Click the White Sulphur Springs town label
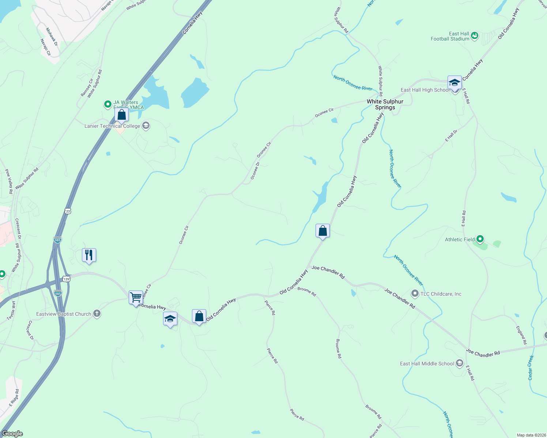(385, 104)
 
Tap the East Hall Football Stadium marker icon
(475, 36)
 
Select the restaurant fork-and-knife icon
(89, 255)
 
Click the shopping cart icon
(136, 297)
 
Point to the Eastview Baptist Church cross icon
(97, 314)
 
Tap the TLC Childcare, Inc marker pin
(415, 293)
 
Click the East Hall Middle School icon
(460, 364)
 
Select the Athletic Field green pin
(480, 239)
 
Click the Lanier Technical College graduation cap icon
(146, 126)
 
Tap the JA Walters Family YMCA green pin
(108, 105)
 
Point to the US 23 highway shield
(68, 211)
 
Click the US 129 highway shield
(66, 279)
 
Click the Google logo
(12, 434)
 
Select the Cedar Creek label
(531, 368)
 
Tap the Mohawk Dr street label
(52, 37)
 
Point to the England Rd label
(521, 335)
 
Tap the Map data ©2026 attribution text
(531, 435)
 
